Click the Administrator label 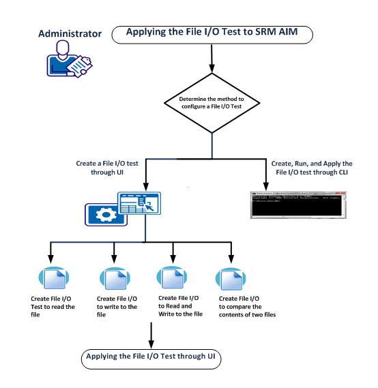70,33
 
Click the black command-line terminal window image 295,203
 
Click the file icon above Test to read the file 52,280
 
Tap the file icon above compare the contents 229,280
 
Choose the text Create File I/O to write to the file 117,307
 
